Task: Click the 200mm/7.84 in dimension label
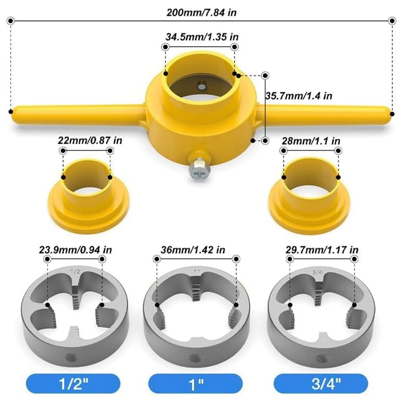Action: (x=201, y=12)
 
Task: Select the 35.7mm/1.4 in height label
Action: (x=299, y=96)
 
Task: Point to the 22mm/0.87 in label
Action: (x=90, y=140)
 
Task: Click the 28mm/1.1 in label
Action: (x=311, y=141)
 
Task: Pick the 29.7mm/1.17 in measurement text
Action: (x=322, y=250)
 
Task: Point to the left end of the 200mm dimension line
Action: (x=11, y=21)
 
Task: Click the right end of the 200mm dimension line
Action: (x=391, y=21)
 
